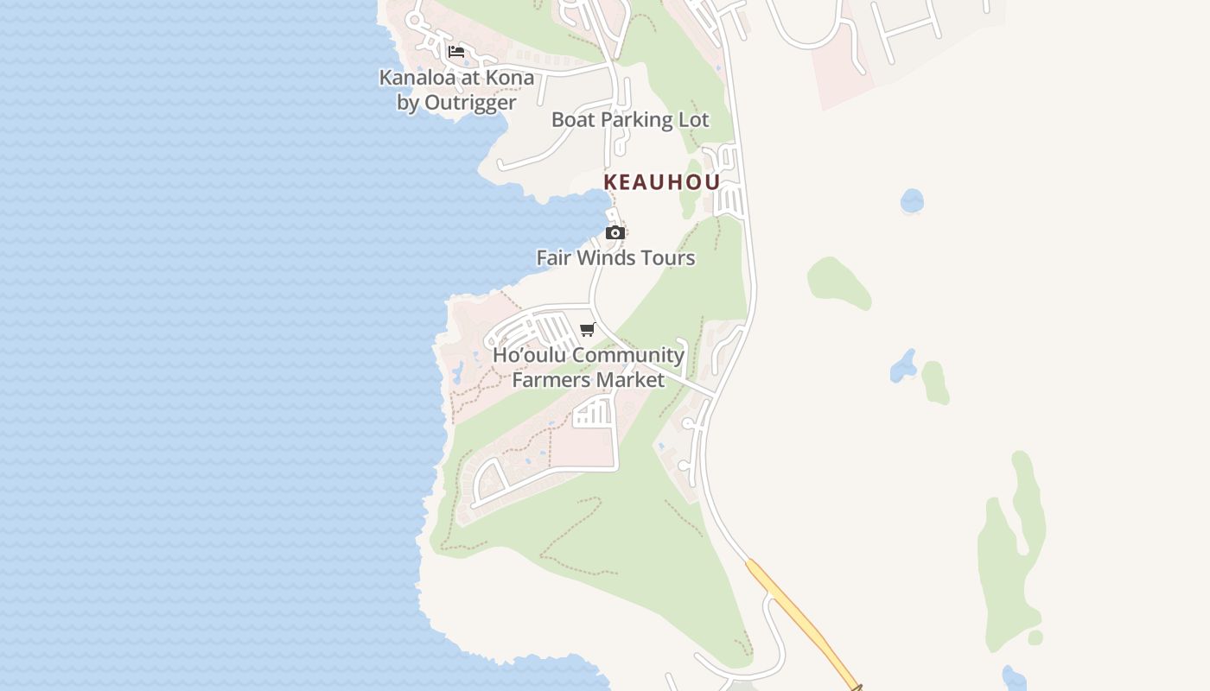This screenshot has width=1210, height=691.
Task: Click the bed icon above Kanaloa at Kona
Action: pyautogui.click(x=456, y=52)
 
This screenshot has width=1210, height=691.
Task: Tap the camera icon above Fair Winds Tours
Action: pyautogui.click(x=615, y=232)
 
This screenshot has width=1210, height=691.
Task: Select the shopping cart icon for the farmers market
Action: pyautogui.click(x=588, y=329)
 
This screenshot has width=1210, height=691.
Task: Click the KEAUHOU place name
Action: pyautogui.click(x=662, y=182)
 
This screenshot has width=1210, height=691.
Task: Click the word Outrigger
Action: pyautogui.click(x=470, y=103)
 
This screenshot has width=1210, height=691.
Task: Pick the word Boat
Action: pyautogui.click(x=573, y=120)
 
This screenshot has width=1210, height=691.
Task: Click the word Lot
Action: pyautogui.click(x=694, y=120)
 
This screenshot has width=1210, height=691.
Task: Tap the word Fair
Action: pyautogui.click(x=554, y=258)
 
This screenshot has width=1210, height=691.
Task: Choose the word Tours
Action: pyautogui.click(x=668, y=258)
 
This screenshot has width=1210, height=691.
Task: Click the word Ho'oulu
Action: pyautogui.click(x=529, y=355)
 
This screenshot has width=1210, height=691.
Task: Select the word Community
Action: pyautogui.click(x=628, y=355)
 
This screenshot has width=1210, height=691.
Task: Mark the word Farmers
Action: pyautogui.click(x=551, y=380)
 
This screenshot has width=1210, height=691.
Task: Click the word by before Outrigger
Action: pyautogui.click(x=408, y=103)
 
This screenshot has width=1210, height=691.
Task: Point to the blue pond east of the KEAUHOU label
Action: pyautogui.click(x=912, y=201)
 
